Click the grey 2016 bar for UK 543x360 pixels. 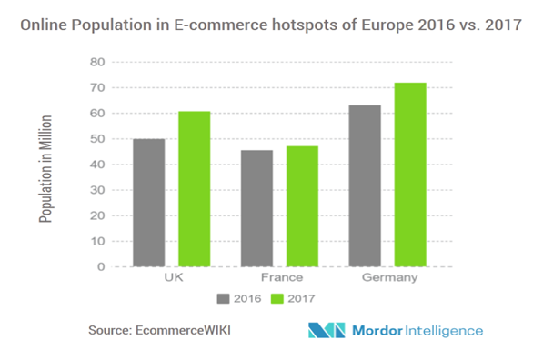[x=148, y=203]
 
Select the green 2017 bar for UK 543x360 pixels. [x=194, y=189]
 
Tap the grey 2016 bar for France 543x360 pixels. [x=256, y=208]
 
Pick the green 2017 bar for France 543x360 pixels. [x=301, y=206]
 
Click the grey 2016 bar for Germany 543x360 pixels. [x=364, y=185]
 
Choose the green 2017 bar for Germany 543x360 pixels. [x=409, y=175]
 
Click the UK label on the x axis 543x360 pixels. [x=171, y=278]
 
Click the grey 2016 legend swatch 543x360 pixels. [x=224, y=297]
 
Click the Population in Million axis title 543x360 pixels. [x=45, y=169]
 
